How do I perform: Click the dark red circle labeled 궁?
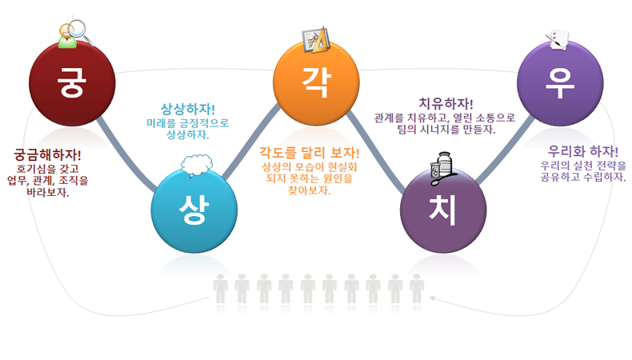[72, 83]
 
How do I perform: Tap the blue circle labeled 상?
[194, 210]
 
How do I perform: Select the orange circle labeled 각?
[317, 83]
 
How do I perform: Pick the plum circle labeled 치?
[443, 210]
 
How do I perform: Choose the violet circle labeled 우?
[560, 83]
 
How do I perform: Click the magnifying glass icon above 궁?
[76, 34]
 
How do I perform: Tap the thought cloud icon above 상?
[197, 165]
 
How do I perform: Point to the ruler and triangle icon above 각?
[317, 39]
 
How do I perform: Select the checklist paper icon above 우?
[558, 40]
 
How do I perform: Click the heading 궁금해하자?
[47, 155]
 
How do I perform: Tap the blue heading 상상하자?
[188, 109]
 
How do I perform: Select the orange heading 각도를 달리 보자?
[309, 153]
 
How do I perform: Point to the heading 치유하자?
[446, 104]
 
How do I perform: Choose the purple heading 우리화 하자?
[583, 151]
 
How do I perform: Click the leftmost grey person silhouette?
[220, 289]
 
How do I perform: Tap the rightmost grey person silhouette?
[417, 289]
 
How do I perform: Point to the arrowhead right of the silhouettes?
[432, 298]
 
